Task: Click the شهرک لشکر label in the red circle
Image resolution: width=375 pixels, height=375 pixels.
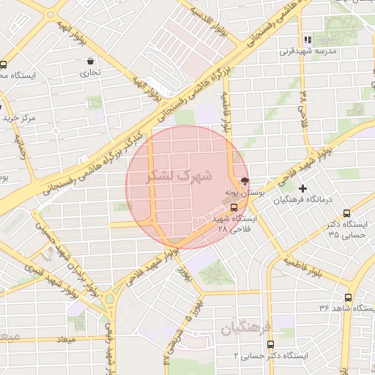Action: pos(179,176)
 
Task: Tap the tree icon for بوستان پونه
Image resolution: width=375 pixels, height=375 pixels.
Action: pos(245,182)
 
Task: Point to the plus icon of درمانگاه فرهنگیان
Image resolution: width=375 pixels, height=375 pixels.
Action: pos(302,188)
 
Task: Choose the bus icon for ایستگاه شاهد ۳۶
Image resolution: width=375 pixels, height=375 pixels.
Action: pos(348,298)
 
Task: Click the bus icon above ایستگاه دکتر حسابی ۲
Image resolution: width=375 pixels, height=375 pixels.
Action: pos(270,344)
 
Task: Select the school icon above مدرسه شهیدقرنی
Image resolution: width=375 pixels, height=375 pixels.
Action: pos(308,40)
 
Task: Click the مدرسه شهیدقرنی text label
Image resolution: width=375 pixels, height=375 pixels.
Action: pos(306,52)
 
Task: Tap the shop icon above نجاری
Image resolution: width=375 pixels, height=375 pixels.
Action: pos(89,62)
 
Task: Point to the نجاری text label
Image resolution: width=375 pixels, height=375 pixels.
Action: pos(90,73)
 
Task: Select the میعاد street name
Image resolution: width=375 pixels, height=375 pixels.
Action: pos(66,340)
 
